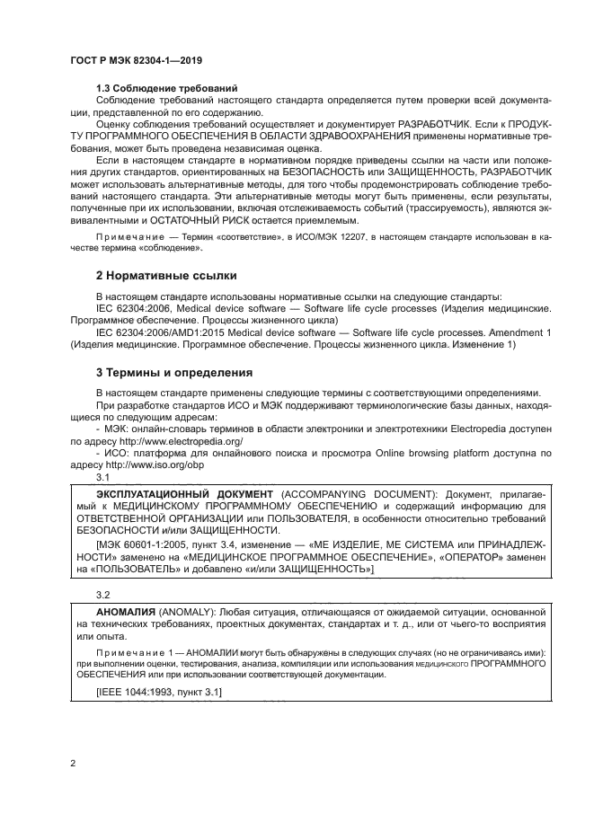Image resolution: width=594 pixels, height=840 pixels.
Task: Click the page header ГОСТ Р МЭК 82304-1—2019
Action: pyautogui.click(x=135, y=59)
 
